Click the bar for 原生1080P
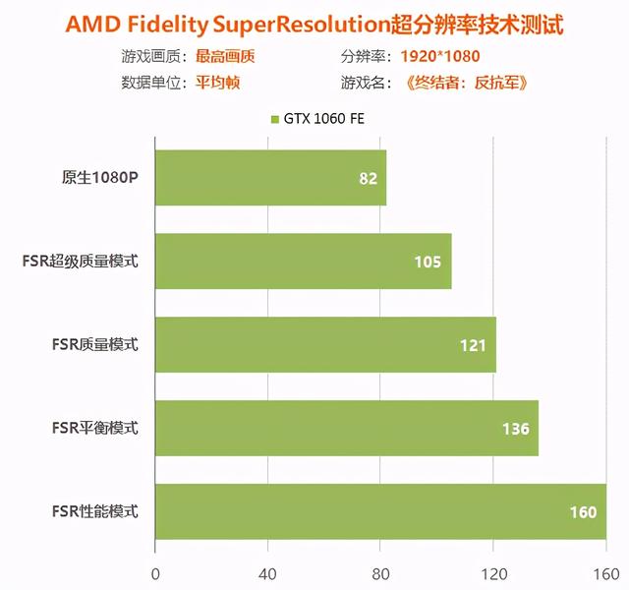[x=270, y=178]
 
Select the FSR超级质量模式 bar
[x=303, y=262]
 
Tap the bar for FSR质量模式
[x=325, y=345]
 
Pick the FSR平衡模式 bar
[x=346, y=429]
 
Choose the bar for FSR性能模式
[x=380, y=511]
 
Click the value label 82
[x=369, y=179]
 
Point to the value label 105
[x=428, y=263]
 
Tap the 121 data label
[x=473, y=345]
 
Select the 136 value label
[x=515, y=429]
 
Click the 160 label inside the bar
[x=583, y=512]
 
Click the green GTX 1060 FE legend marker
[x=275, y=120]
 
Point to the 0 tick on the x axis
[x=154, y=572]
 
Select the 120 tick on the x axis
[x=493, y=572]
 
